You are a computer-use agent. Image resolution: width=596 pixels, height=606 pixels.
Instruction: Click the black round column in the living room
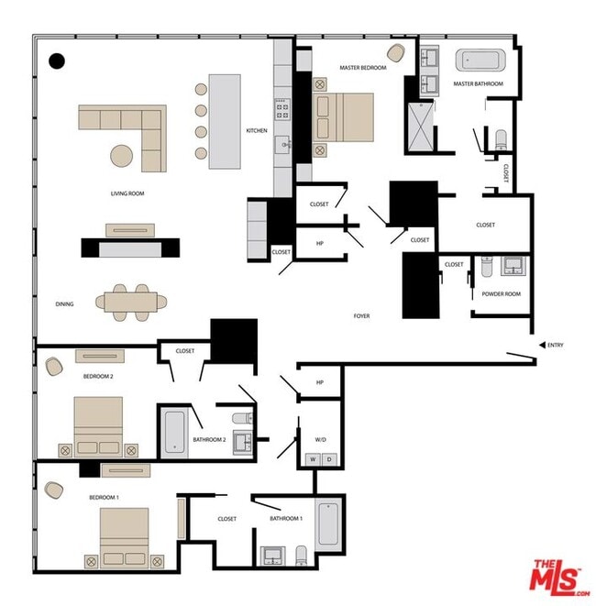[x=57, y=61]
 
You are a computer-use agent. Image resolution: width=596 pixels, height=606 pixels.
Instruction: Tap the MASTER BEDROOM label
[x=363, y=68]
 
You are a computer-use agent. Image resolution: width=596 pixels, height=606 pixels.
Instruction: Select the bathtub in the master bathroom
[x=480, y=61]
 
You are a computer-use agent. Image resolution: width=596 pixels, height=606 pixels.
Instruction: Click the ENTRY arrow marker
[x=542, y=345]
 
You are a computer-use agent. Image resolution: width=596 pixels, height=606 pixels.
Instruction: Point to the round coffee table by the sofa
[x=122, y=156]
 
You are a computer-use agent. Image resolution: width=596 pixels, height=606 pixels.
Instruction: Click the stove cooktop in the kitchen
[x=282, y=109]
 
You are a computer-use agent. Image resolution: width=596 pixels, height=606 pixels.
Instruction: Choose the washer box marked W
[x=313, y=459]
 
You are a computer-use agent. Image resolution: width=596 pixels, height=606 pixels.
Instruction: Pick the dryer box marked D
[x=329, y=459]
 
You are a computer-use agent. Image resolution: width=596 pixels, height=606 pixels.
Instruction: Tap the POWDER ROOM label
[x=501, y=293]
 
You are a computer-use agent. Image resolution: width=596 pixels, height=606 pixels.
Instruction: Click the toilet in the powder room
[x=487, y=267]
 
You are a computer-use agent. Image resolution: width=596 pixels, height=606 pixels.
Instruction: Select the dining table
[x=131, y=303]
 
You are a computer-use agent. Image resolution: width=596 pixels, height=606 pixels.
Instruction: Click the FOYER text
[x=361, y=315]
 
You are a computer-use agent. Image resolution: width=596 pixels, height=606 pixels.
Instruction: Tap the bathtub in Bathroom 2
[x=175, y=432]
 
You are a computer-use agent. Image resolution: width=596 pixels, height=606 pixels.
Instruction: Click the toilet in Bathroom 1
[x=301, y=555]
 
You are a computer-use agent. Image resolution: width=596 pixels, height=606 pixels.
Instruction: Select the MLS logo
[x=559, y=578]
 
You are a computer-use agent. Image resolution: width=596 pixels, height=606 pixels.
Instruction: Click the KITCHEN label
[x=257, y=130]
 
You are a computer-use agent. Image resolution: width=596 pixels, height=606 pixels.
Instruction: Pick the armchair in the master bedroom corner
[x=396, y=53]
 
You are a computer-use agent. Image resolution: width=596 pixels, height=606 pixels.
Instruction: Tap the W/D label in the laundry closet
[x=320, y=439]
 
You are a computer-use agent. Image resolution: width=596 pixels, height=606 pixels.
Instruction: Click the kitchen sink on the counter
[x=283, y=145]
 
